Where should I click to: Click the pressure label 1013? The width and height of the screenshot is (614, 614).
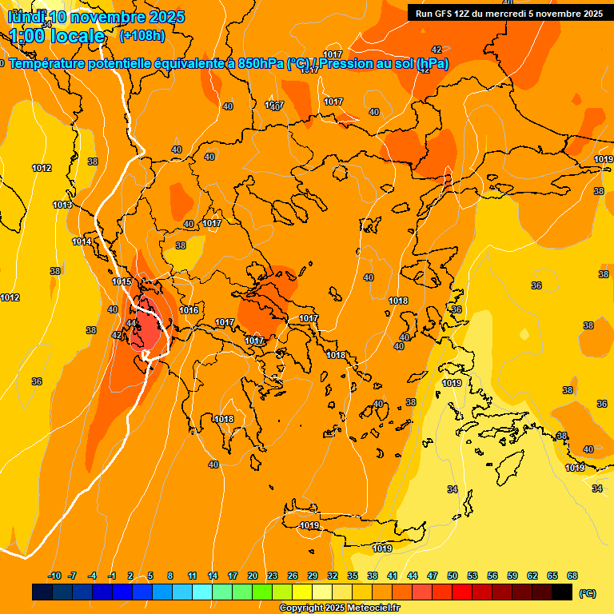[x=62, y=205]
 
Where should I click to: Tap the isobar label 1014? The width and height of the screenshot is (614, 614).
[x=82, y=241]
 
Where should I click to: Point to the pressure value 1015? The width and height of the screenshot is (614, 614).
[x=122, y=281]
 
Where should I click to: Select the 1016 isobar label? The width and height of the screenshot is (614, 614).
[x=189, y=310]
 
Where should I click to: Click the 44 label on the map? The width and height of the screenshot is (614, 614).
[x=131, y=323]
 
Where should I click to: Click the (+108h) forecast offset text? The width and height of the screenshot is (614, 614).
[x=142, y=36]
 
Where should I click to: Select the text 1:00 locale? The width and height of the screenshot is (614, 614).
[x=58, y=36]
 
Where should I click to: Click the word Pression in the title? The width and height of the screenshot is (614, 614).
[x=355, y=64]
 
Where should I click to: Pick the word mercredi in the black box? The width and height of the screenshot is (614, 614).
[x=500, y=14]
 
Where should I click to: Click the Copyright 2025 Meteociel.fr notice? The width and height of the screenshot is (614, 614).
[x=340, y=608]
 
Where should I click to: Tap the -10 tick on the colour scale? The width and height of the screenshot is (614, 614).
[x=54, y=576]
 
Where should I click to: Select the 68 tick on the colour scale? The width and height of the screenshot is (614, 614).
[x=572, y=576]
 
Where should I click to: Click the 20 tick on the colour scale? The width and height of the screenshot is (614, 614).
[x=253, y=576]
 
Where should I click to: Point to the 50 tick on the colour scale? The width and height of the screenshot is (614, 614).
[x=453, y=576]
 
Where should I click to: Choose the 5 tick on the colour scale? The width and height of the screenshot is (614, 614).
[x=150, y=576]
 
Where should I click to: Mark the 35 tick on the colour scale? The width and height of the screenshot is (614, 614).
[x=353, y=576]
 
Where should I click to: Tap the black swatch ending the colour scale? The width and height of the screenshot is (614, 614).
[x=562, y=592]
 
